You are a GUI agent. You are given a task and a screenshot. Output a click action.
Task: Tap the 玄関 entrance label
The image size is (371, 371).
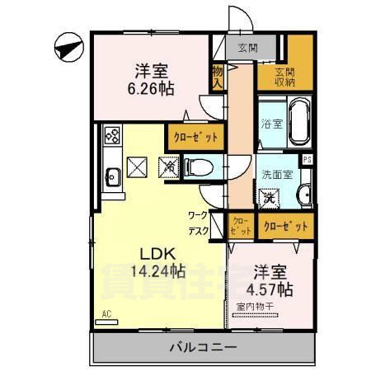click(247, 47)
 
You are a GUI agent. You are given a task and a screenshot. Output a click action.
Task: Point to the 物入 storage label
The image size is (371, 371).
click(218, 76)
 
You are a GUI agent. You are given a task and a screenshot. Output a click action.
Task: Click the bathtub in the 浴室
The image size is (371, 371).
click(295, 124)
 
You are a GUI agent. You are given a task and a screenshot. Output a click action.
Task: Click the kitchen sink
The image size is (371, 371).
click(112, 175)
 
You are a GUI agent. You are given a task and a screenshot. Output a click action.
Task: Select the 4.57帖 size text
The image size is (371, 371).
click(269, 289)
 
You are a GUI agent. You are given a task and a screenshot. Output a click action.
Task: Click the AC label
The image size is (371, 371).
click(106, 314)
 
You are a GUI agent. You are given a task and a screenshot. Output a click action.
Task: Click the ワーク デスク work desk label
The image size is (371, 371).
click(198, 224)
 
